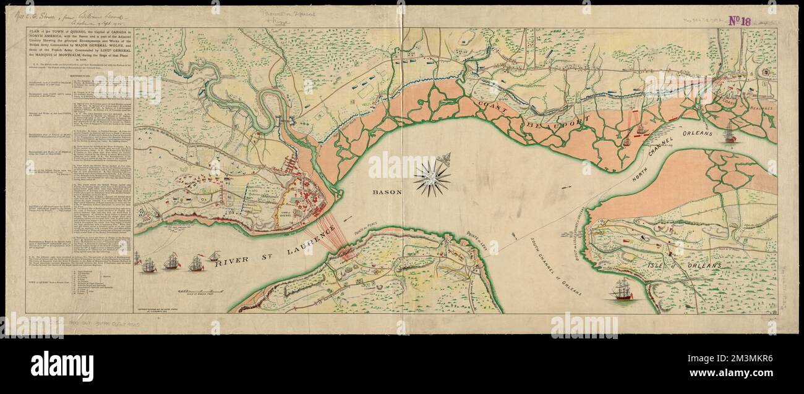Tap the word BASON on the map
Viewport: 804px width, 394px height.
(x=387, y=192)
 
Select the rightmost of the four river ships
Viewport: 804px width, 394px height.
(x=214, y=255)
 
